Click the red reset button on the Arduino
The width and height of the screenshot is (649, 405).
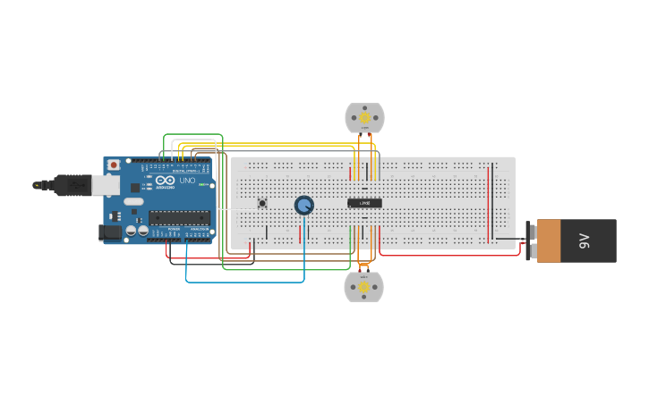pyautogui.click(x=114, y=165)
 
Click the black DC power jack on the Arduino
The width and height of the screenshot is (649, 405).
pyautogui.click(x=109, y=232)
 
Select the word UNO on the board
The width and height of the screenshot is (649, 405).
pyautogui.click(x=187, y=181)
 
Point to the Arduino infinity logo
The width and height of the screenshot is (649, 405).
pyautogui.click(x=165, y=181)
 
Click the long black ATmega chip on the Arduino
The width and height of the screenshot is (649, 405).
pyautogui.click(x=179, y=217)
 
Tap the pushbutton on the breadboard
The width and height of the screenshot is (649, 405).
pyautogui.click(x=262, y=203)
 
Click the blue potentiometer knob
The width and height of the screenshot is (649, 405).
pyautogui.click(x=304, y=206)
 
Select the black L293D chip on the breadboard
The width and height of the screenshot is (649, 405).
pyautogui.click(x=364, y=203)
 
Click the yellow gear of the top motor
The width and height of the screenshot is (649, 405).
pyautogui.click(x=364, y=117)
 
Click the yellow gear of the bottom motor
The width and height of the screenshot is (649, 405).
pyautogui.click(x=364, y=287)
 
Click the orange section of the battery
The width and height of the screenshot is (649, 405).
pyautogui.click(x=548, y=240)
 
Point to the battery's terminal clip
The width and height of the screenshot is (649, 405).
pyautogui.click(x=530, y=240)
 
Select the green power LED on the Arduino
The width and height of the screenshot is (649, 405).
pyautogui.click(x=203, y=185)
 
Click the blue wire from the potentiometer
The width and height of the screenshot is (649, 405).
pyautogui.click(x=242, y=282)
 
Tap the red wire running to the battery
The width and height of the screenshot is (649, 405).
pyautogui.click(x=448, y=255)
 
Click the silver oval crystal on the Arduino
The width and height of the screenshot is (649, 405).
pyautogui.click(x=133, y=201)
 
